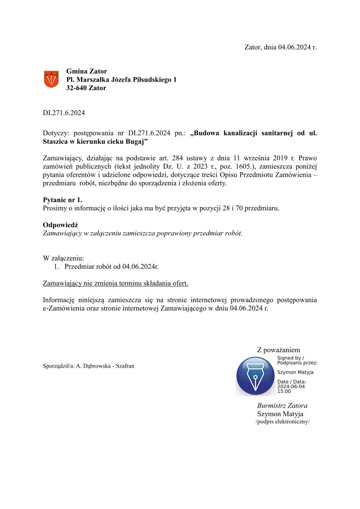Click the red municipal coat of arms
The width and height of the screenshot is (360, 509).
coord(51,79)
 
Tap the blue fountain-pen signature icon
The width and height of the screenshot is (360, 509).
coord(255,376)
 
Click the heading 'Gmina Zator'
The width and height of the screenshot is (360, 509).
coord(87,71)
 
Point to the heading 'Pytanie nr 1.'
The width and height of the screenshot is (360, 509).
coord(63,200)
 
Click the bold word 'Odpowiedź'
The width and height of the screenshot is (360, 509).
coord(61,225)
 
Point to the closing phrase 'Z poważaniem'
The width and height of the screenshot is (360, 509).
coord(278,350)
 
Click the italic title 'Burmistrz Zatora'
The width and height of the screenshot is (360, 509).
coord(282,406)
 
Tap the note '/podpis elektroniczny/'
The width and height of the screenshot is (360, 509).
coord(282,422)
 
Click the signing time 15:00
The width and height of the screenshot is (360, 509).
coord(284,391)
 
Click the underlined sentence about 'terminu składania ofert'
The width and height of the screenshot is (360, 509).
coord(115,283)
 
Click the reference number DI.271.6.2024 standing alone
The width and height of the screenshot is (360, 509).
coord(63,113)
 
